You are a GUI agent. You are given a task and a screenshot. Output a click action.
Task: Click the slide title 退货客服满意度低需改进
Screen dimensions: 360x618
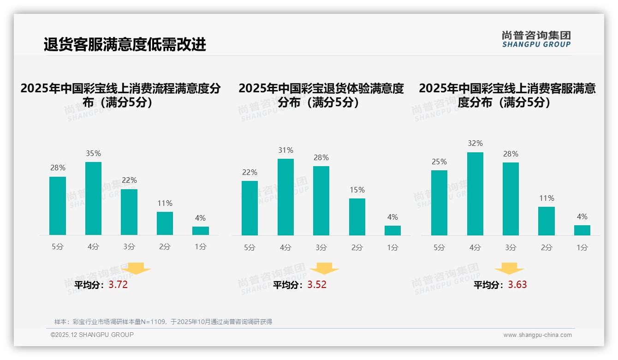pos(125,44)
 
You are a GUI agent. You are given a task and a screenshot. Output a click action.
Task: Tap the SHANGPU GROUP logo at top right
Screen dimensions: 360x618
pos(536,39)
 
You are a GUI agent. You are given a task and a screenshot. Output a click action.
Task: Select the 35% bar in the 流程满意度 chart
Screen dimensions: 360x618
pos(93,198)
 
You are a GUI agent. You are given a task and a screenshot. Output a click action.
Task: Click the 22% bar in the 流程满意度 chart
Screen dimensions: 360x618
pos(129,212)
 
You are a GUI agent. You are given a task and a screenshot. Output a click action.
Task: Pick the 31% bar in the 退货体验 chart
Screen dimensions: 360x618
pos(285,197)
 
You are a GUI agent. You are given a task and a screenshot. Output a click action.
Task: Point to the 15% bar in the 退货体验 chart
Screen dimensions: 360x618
pos(357,217)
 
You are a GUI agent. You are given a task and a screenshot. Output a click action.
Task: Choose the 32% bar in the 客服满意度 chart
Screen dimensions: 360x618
pos(475,194)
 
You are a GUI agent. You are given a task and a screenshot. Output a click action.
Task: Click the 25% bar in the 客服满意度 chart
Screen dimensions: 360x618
pos(439,203)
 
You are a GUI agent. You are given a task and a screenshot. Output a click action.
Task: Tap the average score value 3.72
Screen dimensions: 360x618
pos(118,285)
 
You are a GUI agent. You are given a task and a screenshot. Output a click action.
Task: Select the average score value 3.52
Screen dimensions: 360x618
pos(317,285)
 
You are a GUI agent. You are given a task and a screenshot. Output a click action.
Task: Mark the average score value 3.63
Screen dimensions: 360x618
pos(517,285)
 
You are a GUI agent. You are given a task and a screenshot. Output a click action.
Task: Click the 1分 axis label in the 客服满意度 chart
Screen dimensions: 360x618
pos(582,248)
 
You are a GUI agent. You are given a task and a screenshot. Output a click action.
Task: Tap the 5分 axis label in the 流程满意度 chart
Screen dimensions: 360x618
pos(58,247)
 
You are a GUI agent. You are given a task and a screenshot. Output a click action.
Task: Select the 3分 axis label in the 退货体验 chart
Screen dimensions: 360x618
pos(321,248)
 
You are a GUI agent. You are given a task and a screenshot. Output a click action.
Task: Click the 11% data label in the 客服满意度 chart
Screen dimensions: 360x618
pos(547,198)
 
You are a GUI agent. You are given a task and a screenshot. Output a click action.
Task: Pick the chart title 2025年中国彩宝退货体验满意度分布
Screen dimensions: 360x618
pos(321,95)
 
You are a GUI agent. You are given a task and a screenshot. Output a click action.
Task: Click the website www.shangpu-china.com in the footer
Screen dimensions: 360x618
pos(537,335)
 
